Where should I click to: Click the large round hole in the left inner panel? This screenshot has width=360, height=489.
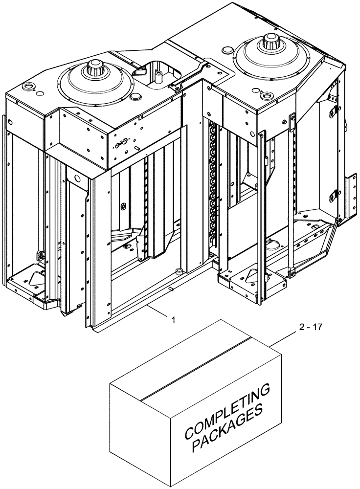77,177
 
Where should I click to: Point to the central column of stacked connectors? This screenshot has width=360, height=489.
213,186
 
